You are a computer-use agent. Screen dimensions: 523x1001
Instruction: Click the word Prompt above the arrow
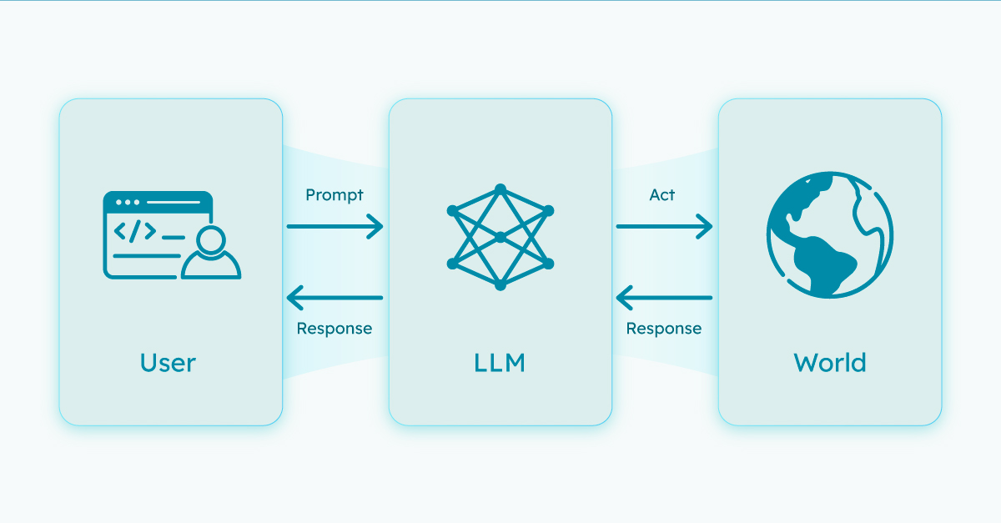(x=335, y=195)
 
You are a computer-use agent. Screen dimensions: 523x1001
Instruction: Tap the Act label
(x=662, y=195)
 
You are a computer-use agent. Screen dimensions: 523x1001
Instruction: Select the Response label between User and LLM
(x=335, y=328)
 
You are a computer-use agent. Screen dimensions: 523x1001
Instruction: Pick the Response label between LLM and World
(x=664, y=328)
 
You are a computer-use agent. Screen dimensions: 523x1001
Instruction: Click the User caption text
(x=168, y=363)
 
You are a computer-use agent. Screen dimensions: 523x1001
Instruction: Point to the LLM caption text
(x=500, y=363)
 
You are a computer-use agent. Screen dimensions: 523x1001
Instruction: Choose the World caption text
(x=830, y=363)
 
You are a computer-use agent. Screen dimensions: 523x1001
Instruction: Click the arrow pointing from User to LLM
(x=334, y=226)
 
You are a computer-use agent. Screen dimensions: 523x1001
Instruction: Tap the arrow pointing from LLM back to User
(x=334, y=298)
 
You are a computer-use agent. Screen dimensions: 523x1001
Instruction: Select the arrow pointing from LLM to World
(x=663, y=226)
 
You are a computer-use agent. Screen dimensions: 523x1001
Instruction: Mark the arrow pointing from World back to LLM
(x=663, y=298)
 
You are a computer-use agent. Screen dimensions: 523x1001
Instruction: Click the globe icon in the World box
(x=830, y=234)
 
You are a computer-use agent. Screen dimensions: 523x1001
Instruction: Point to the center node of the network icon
(x=500, y=238)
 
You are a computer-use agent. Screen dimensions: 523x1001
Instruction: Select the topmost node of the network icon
(x=500, y=189)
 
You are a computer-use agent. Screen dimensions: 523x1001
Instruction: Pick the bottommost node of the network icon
(x=500, y=285)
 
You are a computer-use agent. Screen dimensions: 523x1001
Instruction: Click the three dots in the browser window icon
(x=128, y=202)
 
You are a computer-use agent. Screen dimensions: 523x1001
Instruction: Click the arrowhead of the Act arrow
(x=705, y=226)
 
